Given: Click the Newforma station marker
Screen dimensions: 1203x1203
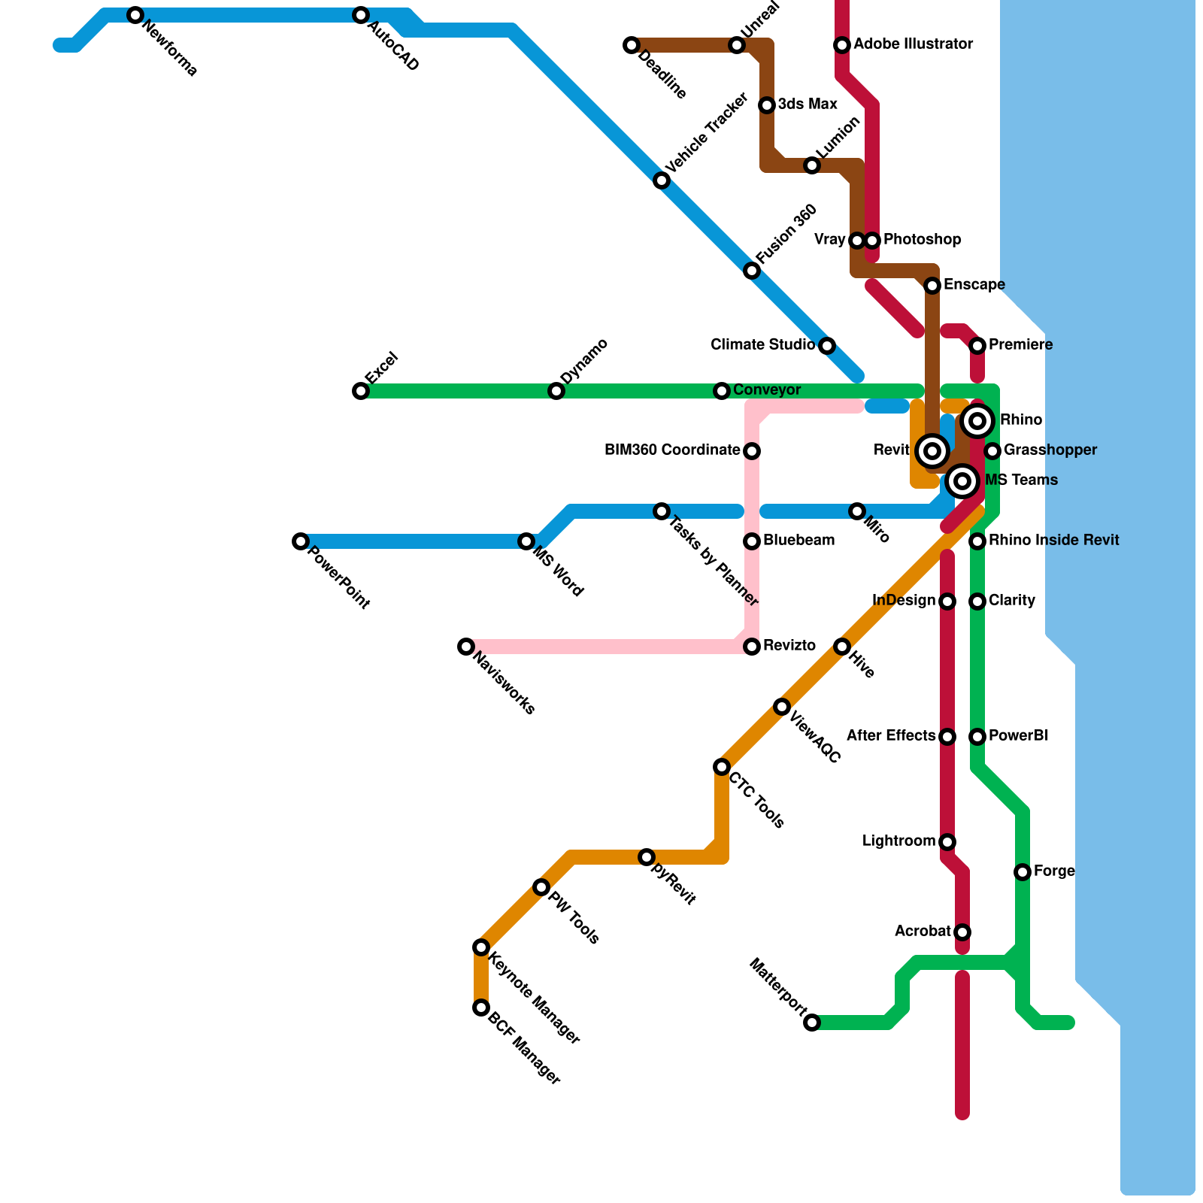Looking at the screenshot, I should tap(135, 15).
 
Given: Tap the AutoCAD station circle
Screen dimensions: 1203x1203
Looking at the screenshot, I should tap(361, 15).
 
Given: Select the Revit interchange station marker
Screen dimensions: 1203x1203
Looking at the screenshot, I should tap(932, 451).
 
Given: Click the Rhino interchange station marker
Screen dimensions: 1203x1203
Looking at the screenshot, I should tap(977, 421).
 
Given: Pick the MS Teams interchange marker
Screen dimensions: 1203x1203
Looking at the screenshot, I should tap(962, 481).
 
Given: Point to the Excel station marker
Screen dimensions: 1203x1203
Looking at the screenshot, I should tap(361, 391).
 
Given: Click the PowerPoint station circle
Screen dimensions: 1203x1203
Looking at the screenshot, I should tap(301, 541).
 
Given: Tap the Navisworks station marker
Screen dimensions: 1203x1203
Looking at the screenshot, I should tap(466, 647).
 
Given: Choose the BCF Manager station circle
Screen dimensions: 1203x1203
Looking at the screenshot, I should tap(481, 1008).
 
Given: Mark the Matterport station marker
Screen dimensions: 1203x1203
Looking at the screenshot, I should tap(812, 1023).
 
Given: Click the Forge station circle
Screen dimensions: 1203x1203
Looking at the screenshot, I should tap(1023, 872).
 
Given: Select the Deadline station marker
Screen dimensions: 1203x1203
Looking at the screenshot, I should tap(632, 45).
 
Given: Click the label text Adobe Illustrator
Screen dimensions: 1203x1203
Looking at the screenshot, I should tap(913, 44).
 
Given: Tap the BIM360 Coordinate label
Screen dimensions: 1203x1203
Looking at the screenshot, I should tap(672, 450).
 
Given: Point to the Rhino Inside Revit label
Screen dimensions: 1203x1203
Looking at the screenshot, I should tap(1053, 541).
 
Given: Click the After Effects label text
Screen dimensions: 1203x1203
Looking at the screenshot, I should tap(891, 736).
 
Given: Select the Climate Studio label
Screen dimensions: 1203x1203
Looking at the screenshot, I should tap(762, 345).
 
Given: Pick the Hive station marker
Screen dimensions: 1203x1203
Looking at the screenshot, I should tap(842, 647).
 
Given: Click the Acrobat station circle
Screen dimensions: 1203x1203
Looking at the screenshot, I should tap(962, 932).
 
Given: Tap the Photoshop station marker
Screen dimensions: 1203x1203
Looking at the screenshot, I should tap(872, 241).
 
